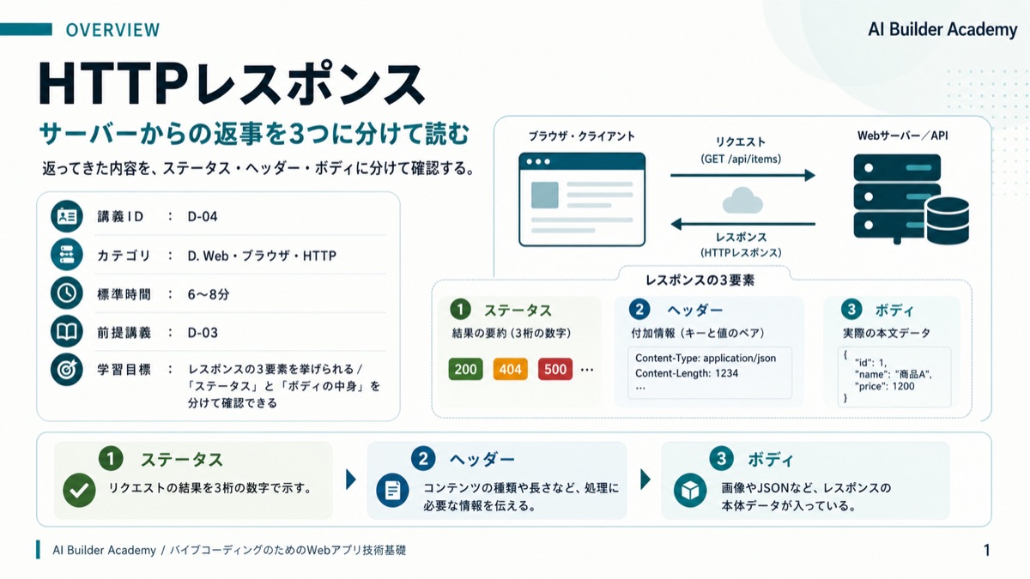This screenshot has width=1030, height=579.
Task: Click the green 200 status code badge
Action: click(x=465, y=369)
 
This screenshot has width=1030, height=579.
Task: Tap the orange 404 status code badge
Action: click(x=510, y=369)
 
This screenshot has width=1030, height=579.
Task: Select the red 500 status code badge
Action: click(x=555, y=369)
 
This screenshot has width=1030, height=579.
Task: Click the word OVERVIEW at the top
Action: click(x=112, y=30)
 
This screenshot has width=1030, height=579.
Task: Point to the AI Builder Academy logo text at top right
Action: click(x=942, y=29)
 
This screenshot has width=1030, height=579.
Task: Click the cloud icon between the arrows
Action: click(x=742, y=201)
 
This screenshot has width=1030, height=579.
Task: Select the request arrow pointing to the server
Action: click(x=742, y=175)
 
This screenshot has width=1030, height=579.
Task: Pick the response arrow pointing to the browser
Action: click(x=742, y=224)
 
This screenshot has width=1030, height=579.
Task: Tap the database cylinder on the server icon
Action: click(x=948, y=220)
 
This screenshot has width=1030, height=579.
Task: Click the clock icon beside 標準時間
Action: click(x=67, y=293)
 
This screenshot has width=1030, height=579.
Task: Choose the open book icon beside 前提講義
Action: click(x=67, y=331)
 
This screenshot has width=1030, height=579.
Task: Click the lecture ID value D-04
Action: click(x=203, y=216)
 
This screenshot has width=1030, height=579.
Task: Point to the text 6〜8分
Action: click(x=209, y=294)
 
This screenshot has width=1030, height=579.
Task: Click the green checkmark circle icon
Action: click(x=79, y=491)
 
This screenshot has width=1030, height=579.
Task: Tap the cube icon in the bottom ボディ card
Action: click(x=690, y=491)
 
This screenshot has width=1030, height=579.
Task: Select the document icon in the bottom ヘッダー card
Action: click(x=392, y=491)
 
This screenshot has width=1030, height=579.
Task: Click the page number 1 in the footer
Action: click(x=987, y=550)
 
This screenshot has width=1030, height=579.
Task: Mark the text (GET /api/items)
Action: click(x=741, y=159)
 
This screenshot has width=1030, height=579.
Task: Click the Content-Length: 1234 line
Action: click(x=687, y=373)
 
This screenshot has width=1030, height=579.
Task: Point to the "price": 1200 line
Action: click(x=885, y=386)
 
